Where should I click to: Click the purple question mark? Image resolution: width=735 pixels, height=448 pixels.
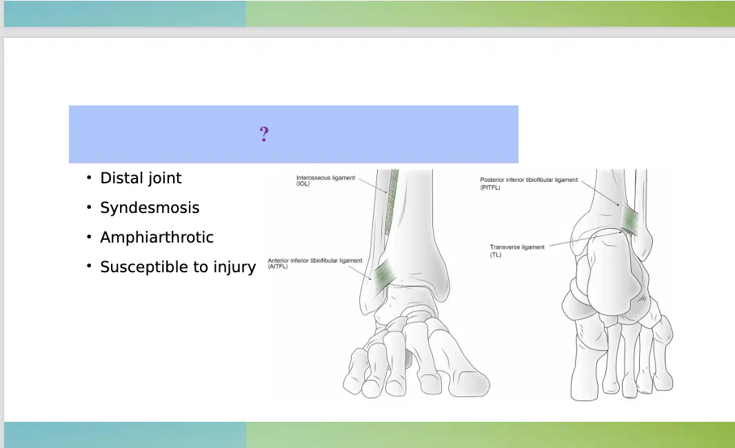[264, 134]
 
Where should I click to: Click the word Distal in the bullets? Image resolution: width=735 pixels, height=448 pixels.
[121, 178]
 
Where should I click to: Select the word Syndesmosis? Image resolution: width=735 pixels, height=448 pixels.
[150, 208]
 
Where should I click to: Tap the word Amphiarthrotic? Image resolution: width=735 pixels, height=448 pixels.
[157, 237]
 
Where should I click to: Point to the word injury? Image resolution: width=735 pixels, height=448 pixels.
[235, 267]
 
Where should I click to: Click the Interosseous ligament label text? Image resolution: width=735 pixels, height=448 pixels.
[325, 178]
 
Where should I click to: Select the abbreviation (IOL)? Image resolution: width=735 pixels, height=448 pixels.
[303, 184]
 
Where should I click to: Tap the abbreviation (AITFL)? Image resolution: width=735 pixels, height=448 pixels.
[278, 267]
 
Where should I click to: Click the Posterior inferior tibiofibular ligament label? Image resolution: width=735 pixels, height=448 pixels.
[529, 180]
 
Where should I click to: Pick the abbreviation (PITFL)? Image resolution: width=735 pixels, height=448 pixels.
[490, 187]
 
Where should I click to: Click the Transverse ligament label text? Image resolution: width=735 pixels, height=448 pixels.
[517, 247]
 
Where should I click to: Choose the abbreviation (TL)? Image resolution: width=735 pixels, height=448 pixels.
[496, 255]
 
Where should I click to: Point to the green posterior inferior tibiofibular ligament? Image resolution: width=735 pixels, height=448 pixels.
[630, 220]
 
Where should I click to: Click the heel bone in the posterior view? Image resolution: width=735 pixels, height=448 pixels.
[610, 276]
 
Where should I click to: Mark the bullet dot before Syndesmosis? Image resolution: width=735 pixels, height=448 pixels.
[89, 207]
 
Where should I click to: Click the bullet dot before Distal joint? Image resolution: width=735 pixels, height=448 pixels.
[89, 177]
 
